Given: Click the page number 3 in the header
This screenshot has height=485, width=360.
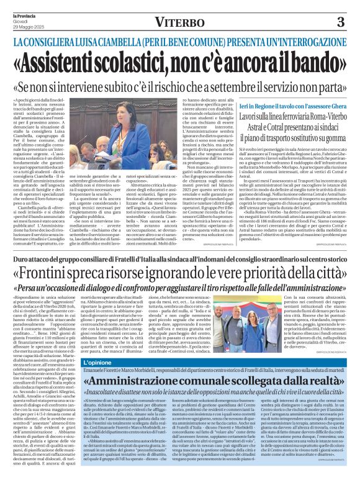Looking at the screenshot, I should tap(341, 22).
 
